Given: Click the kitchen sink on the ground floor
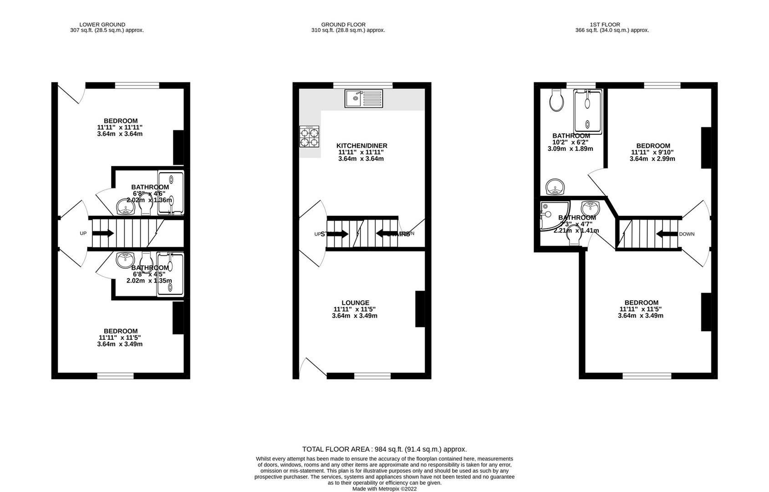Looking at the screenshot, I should (x=364, y=98).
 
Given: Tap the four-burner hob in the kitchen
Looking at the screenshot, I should (x=309, y=136).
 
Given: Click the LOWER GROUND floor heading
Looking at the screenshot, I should (x=102, y=25).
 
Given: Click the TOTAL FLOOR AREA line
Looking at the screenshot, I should (x=384, y=449).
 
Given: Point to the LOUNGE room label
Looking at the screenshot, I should (x=355, y=302).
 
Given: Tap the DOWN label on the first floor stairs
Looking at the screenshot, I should (x=687, y=234).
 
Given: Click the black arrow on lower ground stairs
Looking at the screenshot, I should (x=103, y=233).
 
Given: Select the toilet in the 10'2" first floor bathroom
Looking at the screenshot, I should (x=556, y=101).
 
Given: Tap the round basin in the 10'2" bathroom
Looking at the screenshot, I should (x=555, y=187).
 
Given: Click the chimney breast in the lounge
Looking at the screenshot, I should (x=420, y=309).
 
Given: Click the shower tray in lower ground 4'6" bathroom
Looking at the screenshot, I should (x=171, y=192).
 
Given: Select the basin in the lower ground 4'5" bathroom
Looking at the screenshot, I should (x=124, y=261).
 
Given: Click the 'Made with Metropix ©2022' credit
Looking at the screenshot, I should (x=384, y=489).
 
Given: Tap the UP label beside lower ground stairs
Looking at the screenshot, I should (x=83, y=233).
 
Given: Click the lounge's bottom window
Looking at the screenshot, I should (x=372, y=376).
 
